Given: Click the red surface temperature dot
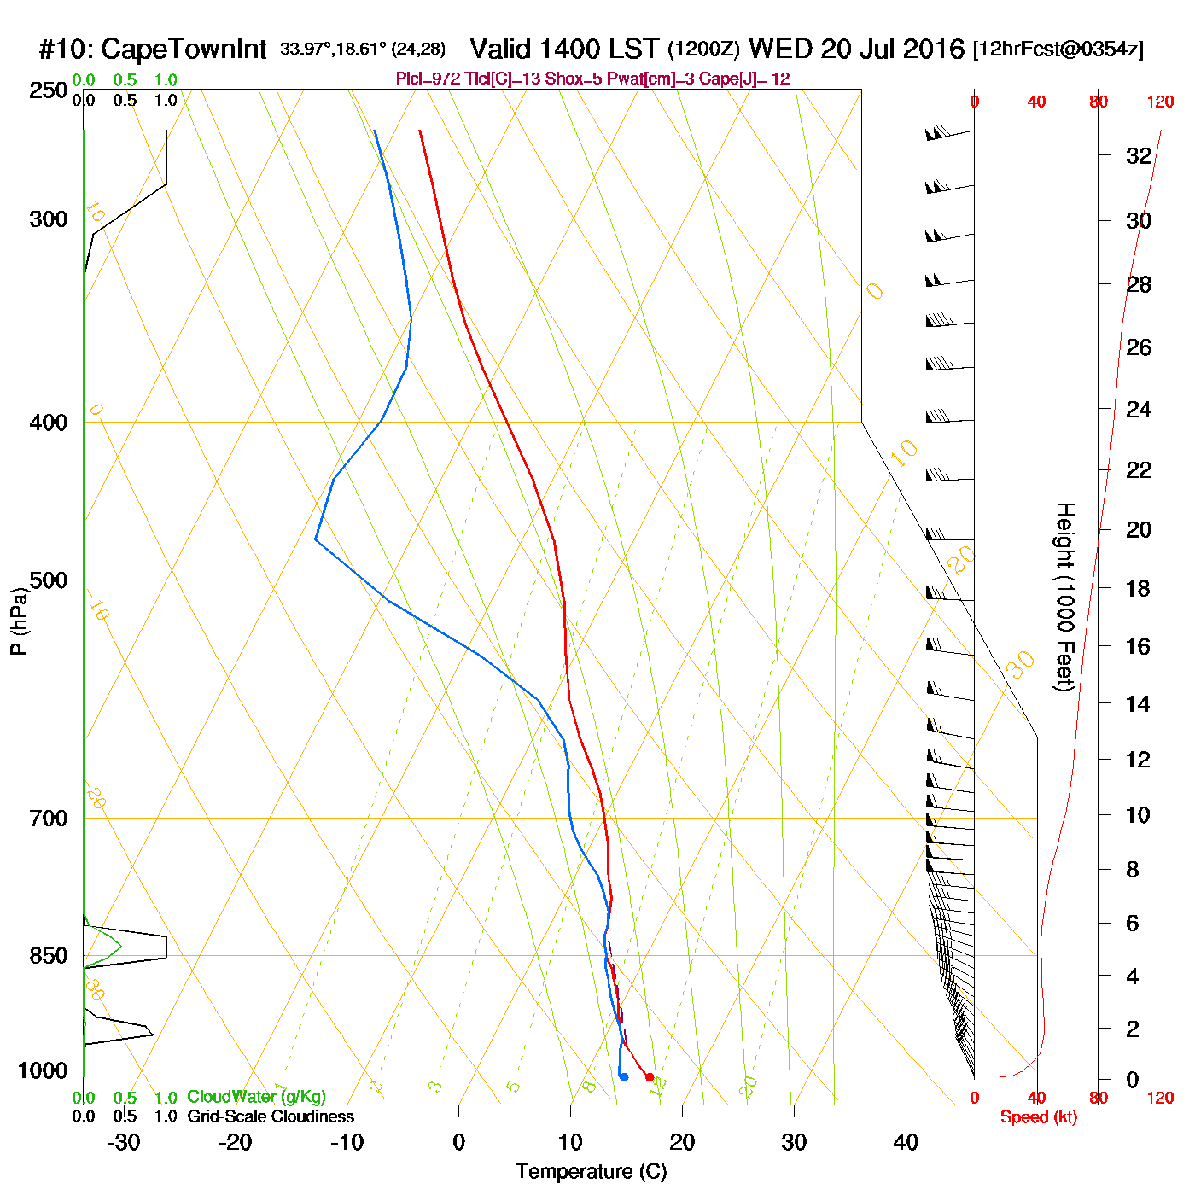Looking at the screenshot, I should tap(650, 1077).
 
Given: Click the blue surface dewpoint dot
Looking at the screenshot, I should tap(624, 1077).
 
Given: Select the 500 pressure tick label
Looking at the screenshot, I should tap(49, 580).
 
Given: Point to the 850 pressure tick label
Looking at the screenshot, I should tap(49, 956).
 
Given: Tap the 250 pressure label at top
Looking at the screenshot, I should tap(49, 90).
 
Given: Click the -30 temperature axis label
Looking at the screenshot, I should tap(124, 1142).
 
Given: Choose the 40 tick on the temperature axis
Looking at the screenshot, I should tap(906, 1142).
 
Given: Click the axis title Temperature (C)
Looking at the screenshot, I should tap(591, 1172).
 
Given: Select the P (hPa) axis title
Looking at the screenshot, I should tap(19, 621).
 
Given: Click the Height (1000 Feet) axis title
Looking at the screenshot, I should tap(1064, 597).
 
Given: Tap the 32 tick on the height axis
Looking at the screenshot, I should tap(1139, 156).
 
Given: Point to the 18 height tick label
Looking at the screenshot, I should tap(1138, 588).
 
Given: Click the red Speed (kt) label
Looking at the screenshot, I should tap(1038, 1117).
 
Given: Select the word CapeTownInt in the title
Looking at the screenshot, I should tap(184, 50).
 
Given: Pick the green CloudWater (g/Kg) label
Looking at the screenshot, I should tap(256, 1097).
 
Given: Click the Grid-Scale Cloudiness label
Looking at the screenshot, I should tap(271, 1116).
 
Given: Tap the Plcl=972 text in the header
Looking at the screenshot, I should tap(428, 79).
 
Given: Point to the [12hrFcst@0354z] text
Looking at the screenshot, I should tap(1058, 50).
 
